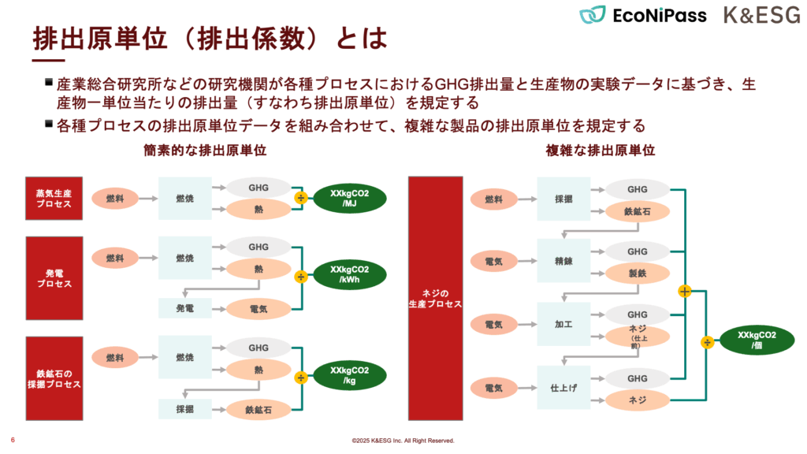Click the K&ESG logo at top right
point(761,15)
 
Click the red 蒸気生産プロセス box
point(54,198)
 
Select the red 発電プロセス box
point(54,277)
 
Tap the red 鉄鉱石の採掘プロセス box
point(54,378)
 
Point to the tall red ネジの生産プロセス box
point(434,298)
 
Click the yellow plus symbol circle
point(685,292)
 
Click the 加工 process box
point(563,324)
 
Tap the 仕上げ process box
point(563,388)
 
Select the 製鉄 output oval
point(638,273)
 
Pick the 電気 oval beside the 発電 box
point(258,309)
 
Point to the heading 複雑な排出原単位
point(601,150)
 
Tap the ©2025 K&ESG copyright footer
point(403,441)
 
